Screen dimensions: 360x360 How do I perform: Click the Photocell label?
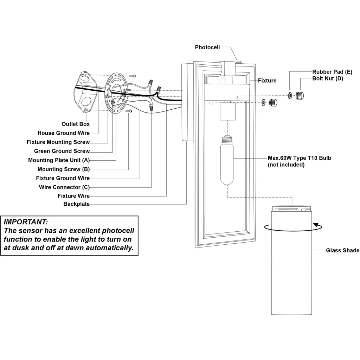coord(207,47)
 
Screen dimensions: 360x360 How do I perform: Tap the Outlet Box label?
coord(76,124)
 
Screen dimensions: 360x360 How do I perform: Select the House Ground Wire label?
coord(63,133)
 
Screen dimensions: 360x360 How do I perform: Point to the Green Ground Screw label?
coord(62,151)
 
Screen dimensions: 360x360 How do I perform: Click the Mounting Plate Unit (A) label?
coord(59,160)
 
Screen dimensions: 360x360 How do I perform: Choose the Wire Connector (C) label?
coord(64,187)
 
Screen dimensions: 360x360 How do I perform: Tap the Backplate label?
coord(77,204)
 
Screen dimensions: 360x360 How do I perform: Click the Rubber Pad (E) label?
coord(332,72)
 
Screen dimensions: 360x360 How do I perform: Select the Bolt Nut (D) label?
coord(328,78)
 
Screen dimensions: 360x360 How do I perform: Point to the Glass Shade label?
coord(342,250)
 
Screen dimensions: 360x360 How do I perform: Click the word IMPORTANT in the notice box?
coord(26,222)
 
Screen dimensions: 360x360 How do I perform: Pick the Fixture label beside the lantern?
coord(267,81)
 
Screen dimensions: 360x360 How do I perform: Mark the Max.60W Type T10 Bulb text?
coord(300,158)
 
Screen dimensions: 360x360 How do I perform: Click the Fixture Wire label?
coord(73,196)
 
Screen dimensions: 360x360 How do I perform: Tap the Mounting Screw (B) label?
coord(64,169)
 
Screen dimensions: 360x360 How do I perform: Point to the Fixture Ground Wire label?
coord(63,178)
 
